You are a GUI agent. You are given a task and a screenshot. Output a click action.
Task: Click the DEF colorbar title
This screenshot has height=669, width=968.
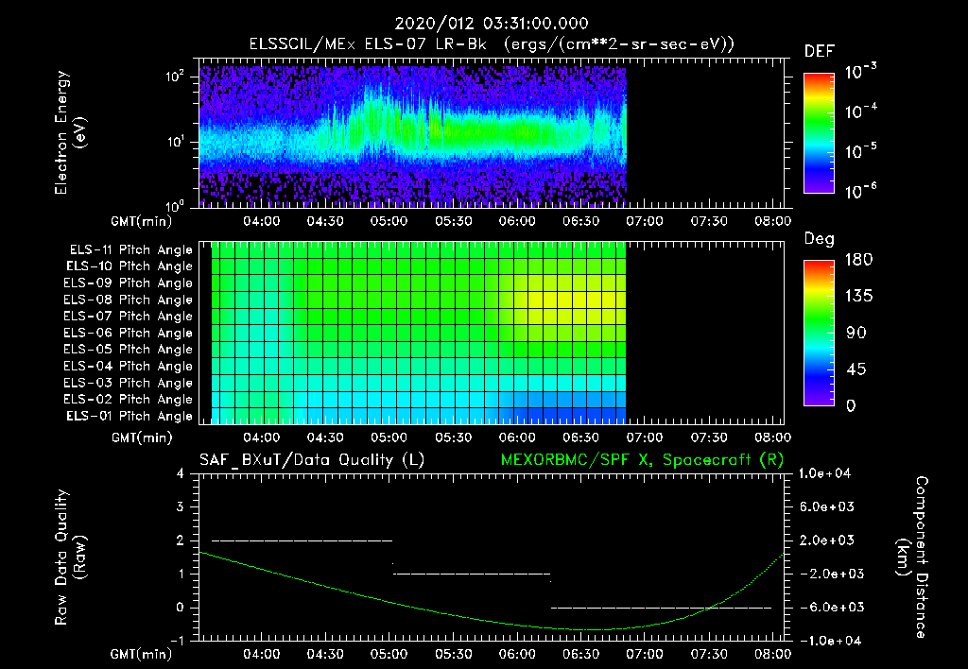[x=818, y=51]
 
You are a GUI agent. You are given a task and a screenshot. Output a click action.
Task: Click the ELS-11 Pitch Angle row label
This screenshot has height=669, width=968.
[x=130, y=250]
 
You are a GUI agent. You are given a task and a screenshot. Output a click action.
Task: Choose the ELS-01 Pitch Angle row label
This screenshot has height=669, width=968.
[x=130, y=416]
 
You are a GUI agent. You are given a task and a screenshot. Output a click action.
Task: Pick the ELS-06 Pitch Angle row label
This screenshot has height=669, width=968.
[x=130, y=333]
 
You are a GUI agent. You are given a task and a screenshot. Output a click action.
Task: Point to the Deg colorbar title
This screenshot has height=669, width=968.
[x=818, y=239]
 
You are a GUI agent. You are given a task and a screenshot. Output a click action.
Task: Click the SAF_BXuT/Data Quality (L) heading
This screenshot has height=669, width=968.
[x=311, y=459]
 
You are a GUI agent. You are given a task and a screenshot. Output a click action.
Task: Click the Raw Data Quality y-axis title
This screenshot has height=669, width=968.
[x=70, y=557]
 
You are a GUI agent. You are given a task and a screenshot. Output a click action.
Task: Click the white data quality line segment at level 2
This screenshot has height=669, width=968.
[x=302, y=540]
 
